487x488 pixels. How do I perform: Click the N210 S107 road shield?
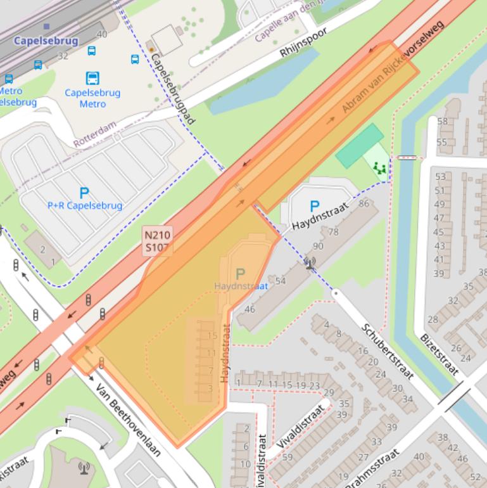point(157,241)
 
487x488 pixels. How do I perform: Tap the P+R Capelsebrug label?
point(85,205)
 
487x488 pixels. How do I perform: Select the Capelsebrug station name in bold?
point(46,41)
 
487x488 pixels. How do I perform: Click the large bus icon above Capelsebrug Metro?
point(92,79)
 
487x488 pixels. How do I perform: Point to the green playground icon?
point(379,168)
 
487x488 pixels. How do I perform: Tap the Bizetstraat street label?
point(439,355)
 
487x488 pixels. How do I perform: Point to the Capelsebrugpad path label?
point(173,87)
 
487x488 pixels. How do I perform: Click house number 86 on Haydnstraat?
point(364,203)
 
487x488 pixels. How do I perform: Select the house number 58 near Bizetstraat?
point(441,121)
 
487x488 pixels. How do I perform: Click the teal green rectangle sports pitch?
point(359,146)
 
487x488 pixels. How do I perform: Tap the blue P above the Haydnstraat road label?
point(314,207)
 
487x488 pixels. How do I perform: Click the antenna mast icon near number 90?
point(310,262)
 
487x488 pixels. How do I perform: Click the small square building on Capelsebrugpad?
point(167,40)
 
